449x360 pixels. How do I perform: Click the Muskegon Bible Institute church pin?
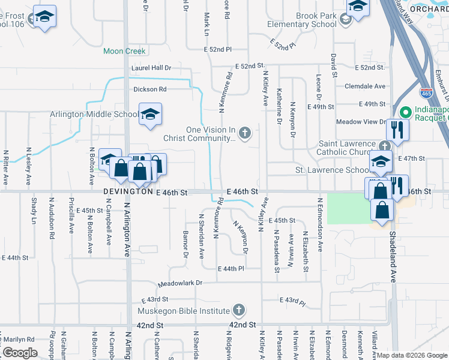[x=238, y=310]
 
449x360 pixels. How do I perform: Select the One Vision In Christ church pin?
[x=244, y=133]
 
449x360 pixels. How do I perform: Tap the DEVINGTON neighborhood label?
[x=128, y=192]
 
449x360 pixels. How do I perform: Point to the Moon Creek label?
[x=124, y=52]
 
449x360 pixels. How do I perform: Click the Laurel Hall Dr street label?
[x=151, y=69]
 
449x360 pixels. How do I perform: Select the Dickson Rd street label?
[x=149, y=89]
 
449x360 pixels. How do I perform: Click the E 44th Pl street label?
[x=232, y=268]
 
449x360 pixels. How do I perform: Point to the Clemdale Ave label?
[x=365, y=86]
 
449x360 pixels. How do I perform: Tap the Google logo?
[x=19, y=353]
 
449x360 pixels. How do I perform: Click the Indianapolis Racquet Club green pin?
[x=405, y=112]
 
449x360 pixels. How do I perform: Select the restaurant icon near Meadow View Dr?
[x=397, y=130]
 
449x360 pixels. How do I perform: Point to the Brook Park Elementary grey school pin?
[x=345, y=20]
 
